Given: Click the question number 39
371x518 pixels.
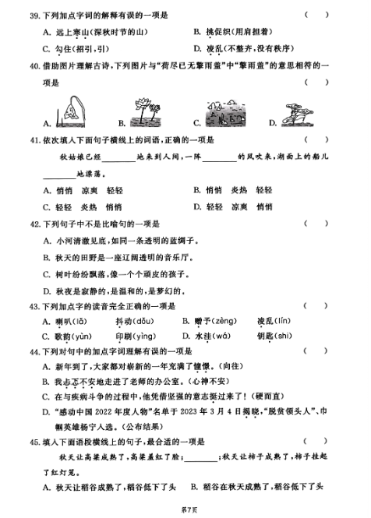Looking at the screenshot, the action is (x=34, y=14).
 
